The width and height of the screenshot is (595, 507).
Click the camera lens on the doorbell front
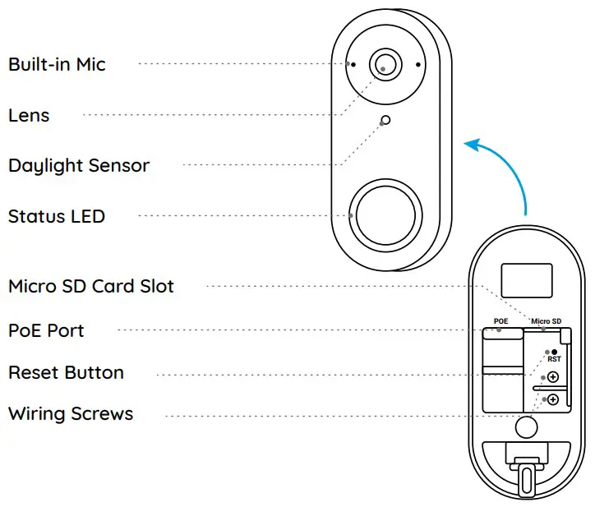click(x=385, y=63)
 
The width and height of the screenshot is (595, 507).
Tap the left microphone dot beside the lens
click(x=352, y=63)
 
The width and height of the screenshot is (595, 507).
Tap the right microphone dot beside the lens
click(x=417, y=63)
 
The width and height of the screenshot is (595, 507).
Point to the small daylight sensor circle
click(x=385, y=122)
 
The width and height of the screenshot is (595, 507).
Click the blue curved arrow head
click(x=470, y=145)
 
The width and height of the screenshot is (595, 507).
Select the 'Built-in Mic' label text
click(x=57, y=64)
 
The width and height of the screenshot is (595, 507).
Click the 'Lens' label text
click(x=29, y=115)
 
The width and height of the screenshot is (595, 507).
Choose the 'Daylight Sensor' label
click(x=79, y=165)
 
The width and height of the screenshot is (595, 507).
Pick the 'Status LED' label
click(x=57, y=217)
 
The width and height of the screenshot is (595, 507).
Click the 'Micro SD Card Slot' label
click(x=91, y=287)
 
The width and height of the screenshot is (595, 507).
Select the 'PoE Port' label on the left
click(x=46, y=330)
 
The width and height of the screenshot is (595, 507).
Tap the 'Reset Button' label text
click(x=66, y=372)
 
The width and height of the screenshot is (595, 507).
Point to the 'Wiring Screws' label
click(x=71, y=413)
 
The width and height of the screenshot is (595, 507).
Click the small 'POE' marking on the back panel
click(x=501, y=321)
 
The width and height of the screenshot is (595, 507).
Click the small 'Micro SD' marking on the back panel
click(x=546, y=321)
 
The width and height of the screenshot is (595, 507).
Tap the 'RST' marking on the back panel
click(x=555, y=359)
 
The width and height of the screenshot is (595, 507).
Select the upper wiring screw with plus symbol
click(x=553, y=377)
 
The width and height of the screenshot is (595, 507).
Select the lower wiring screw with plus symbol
click(x=553, y=399)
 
